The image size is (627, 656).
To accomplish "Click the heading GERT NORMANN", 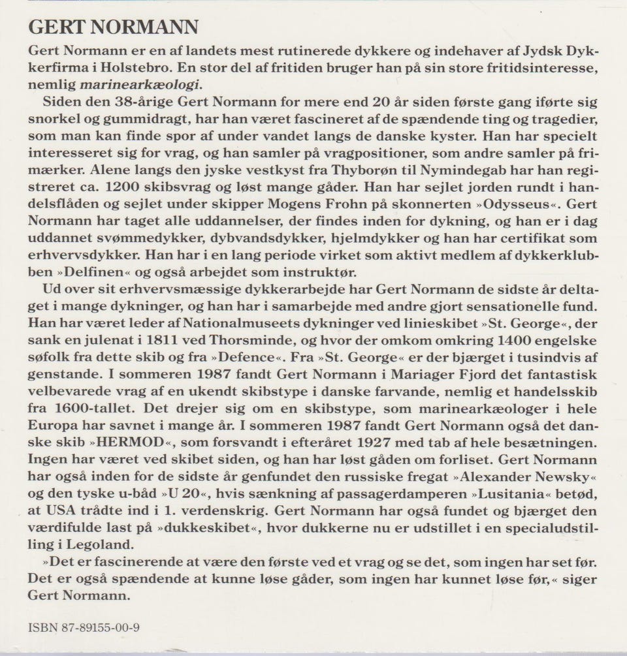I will (x=114, y=27).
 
